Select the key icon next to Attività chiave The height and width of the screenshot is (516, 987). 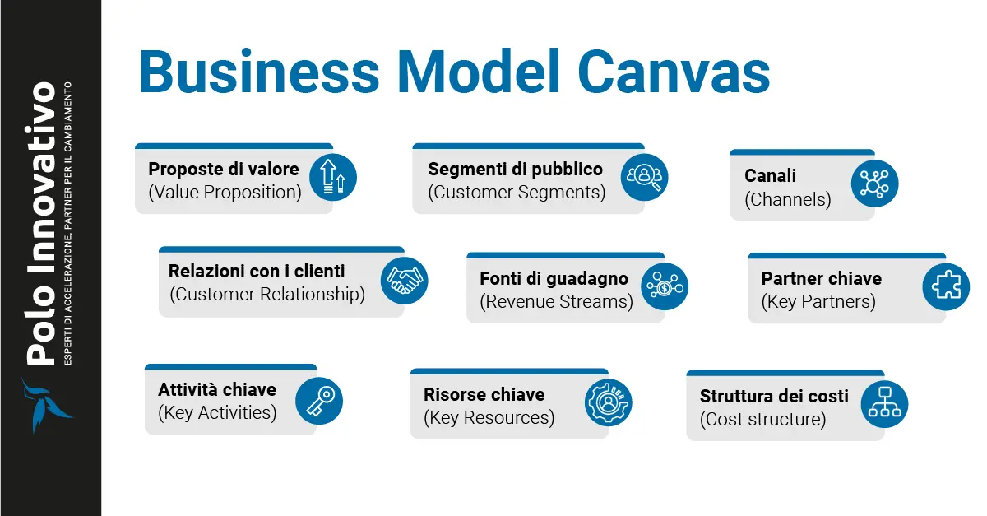click(318, 401)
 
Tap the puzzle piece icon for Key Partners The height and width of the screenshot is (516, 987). click(946, 286)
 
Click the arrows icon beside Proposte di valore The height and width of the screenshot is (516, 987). click(333, 178)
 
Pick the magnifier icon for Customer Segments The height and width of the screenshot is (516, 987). click(644, 177)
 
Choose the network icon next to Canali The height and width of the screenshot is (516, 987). click(874, 184)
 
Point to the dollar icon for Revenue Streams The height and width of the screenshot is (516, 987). click(664, 286)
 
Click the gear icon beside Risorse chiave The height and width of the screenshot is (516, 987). click(609, 402)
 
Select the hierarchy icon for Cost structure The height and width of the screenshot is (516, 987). click(884, 404)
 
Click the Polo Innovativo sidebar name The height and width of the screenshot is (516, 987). click(41, 222)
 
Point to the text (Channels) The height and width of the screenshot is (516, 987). click(788, 199)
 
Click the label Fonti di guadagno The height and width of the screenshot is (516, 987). click(554, 278)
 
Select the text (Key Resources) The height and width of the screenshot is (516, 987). click(489, 418)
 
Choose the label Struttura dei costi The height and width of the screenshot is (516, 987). click(774, 396)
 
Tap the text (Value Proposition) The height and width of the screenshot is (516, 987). click(225, 193)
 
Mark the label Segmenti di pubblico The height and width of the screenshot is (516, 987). click(515, 169)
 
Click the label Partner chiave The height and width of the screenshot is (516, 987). click(821, 278)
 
